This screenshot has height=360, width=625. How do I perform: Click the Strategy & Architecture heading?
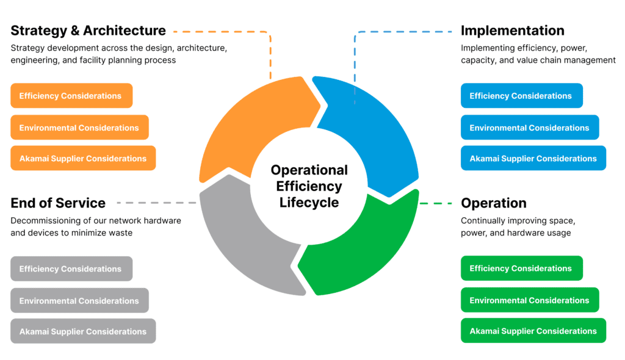[x=88, y=31]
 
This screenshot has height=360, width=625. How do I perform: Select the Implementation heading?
[x=512, y=31]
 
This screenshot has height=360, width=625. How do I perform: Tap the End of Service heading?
[x=58, y=203]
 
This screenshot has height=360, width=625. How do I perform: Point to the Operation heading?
[x=493, y=203]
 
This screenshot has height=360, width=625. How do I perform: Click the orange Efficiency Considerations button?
[x=71, y=96]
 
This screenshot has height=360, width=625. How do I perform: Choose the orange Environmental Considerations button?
[x=79, y=128]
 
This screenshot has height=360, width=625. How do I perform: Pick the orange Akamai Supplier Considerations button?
[x=83, y=158]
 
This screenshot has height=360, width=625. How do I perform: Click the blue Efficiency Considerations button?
[x=521, y=96]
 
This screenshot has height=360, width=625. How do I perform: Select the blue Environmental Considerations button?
[x=530, y=128]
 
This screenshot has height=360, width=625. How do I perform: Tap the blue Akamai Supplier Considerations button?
[x=533, y=158]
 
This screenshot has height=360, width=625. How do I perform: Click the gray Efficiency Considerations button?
[x=71, y=268]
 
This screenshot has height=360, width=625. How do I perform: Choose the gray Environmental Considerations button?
[x=79, y=300]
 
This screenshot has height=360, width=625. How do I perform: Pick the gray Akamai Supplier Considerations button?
[x=83, y=331]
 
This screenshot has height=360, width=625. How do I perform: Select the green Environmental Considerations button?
[x=530, y=300]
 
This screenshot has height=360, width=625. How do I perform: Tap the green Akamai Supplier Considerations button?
[x=533, y=331]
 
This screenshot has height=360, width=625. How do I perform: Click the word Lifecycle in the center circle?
[x=309, y=202]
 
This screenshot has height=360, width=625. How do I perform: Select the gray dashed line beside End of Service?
[x=156, y=203]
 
